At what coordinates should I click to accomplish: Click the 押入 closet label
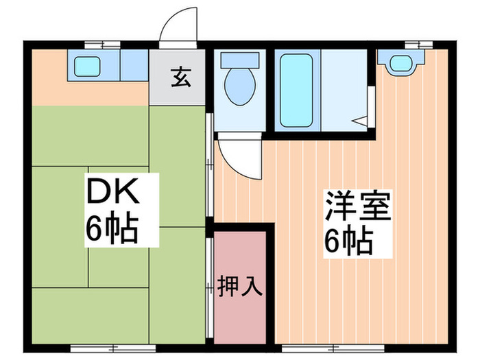coord(240,285)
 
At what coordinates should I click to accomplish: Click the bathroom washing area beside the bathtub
coord(346,89)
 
